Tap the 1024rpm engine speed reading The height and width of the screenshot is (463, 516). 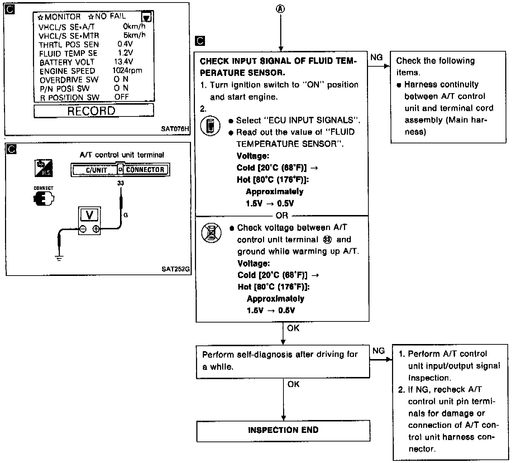coord(127,71)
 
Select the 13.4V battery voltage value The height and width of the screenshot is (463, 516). coord(123,62)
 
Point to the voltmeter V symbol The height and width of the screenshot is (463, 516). coord(90,215)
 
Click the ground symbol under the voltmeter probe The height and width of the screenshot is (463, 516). coord(59,257)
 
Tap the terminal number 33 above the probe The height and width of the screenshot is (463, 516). coord(120,183)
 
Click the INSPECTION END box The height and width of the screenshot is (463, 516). coord(283,430)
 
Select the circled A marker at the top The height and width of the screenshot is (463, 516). coord(281,9)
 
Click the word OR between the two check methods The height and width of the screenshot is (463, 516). coord(282,215)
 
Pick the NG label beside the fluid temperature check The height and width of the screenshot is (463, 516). coord(376,57)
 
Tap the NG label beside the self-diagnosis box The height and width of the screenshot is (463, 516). coord(378,351)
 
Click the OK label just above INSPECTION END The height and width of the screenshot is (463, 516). coord(293,384)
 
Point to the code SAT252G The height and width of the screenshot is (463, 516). coord(175,269)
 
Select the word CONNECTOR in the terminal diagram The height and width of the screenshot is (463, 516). coord(145,170)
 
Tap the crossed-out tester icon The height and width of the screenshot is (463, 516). coord(211,233)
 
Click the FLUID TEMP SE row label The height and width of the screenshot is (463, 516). coord(68,53)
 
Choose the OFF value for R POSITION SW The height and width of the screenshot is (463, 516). coord(121,97)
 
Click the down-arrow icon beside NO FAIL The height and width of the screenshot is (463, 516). coord(147,18)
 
